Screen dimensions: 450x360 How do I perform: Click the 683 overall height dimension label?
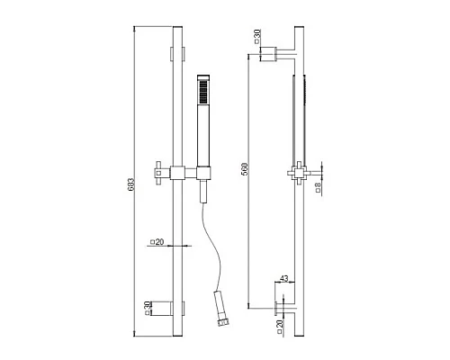pos(131,184)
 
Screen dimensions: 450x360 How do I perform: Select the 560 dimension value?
pos(245,169)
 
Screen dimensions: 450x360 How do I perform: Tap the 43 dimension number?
pos(283,278)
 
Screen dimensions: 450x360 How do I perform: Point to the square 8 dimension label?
pos(319,187)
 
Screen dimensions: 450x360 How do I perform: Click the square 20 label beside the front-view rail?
pos(157,241)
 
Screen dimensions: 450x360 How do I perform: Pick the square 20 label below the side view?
pos(280,327)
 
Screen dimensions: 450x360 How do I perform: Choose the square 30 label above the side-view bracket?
pos(257,37)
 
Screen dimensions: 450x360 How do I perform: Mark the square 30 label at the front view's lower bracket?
pos(147,309)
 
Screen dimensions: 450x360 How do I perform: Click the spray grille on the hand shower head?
pos(203,92)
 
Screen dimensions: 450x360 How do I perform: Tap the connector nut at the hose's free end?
pos(224,323)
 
